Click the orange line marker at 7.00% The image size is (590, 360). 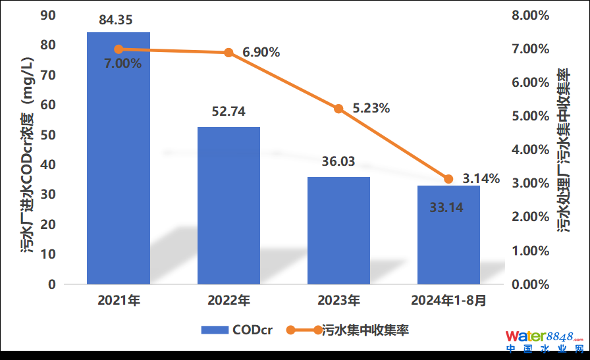[119, 49]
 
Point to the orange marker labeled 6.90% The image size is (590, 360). [228, 53]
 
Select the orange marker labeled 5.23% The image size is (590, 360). [338, 109]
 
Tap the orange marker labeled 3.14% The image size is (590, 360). [448, 179]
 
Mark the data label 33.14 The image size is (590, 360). [446, 208]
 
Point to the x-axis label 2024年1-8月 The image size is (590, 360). [448, 301]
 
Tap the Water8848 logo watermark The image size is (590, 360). [544, 340]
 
